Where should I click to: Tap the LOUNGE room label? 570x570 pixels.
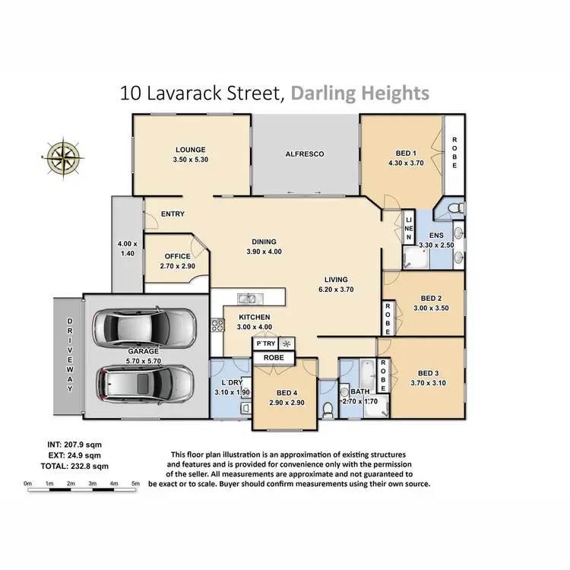tap(191, 150)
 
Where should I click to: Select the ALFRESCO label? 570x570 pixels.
tap(305, 154)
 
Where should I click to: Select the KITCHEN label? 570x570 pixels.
tap(255, 317)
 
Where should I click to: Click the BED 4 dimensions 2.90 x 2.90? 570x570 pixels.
tap(287, 403)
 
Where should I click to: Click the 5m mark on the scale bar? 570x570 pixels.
tap(136, 483)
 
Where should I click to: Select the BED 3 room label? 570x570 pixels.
tap(429, 373)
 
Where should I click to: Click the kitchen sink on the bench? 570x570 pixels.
tap(255, 297)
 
